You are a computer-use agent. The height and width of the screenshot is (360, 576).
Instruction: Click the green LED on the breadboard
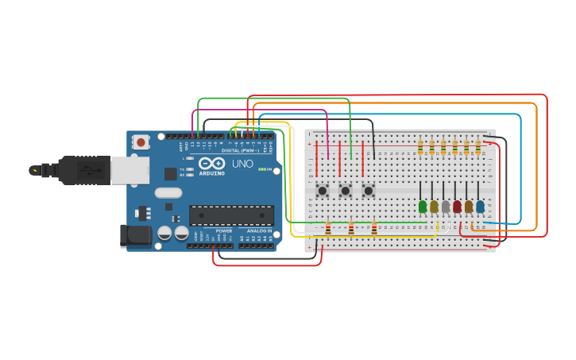[x=423, y=207]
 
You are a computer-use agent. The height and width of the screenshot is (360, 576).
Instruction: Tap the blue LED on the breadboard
[x=480, y=207]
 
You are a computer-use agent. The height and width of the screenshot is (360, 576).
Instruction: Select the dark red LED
[x=457, y=207]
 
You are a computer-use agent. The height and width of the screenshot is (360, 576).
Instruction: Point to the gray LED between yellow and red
[x=446, y=207]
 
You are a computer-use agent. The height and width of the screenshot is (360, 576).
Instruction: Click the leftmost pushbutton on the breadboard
[x=323, y=190]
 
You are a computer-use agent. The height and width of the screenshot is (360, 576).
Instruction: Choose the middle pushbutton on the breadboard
[x=346, y=190]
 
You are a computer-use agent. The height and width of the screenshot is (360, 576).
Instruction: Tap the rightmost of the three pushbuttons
[x=369, y=190]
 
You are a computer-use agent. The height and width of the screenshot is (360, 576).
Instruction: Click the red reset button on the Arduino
[x=141, y=143]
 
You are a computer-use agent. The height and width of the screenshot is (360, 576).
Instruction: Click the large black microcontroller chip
[x=231, y=215]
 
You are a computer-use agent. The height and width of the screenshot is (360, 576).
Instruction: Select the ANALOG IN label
[x=258, y=230]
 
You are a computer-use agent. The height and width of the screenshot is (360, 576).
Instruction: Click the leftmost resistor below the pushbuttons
[x=328, y=229]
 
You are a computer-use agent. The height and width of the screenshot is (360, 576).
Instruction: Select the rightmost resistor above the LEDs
[x=478, y=147]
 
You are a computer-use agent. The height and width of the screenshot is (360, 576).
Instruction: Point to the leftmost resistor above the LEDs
[x=420, y=147]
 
